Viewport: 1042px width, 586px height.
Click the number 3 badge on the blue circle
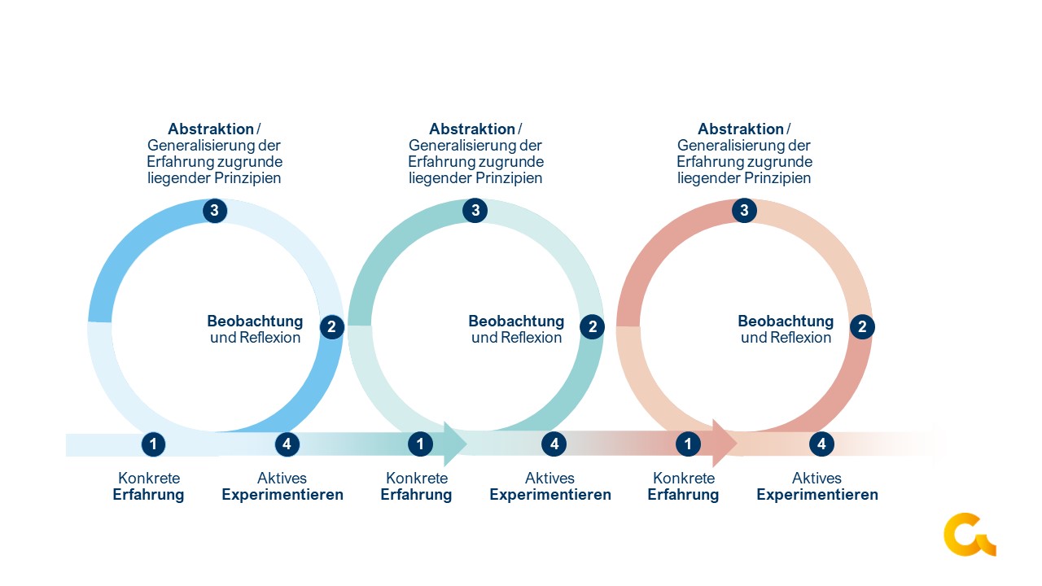point(214,211)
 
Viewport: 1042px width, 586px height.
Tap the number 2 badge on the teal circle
point(592,327)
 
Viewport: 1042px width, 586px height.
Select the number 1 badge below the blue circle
point(152,444)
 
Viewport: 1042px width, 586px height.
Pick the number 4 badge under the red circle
point(821,444)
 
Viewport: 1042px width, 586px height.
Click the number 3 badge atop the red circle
point(744,211)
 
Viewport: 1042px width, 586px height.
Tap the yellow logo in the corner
point(969,535)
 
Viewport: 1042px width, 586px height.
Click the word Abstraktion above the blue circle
point(211,129)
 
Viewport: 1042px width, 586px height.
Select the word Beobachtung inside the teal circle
point(516,321)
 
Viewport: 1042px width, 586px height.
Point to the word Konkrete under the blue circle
point(149,479)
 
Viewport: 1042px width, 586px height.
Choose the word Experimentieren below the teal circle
point(550,495)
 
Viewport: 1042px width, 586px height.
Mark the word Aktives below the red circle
point(817,479)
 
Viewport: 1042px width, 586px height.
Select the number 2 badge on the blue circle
point(331,327)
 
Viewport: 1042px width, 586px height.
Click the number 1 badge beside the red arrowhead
point(688,444)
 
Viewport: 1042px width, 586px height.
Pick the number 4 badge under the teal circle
point(554,444)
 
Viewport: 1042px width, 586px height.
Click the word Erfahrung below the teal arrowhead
point(416,495)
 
